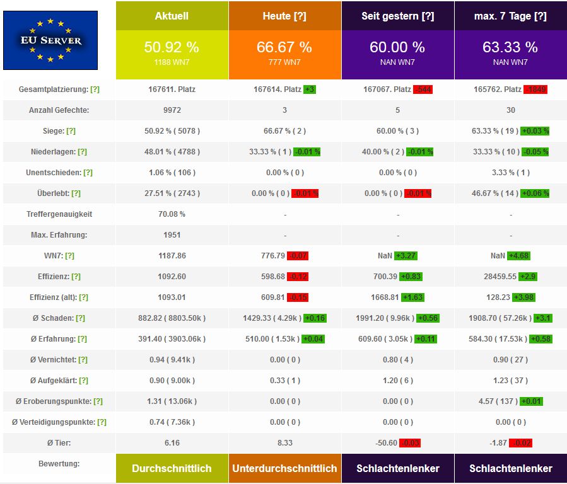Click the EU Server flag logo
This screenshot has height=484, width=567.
pos(50,40)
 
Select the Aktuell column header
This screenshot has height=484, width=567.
pos(172,16)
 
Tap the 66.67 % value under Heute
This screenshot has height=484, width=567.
pos(284,47)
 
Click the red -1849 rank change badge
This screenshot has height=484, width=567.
pos(534,89)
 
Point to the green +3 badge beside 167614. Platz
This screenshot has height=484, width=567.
pos(310,89)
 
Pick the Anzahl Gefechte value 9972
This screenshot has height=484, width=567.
pos(172,110)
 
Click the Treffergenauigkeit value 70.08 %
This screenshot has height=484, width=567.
pos(172,214)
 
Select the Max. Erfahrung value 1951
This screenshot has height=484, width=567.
pos(172,235)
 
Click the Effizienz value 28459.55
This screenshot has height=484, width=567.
pos(493,277)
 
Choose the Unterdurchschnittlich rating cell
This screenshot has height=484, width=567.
pos(284,468)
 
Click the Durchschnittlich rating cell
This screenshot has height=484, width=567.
pos(172,468)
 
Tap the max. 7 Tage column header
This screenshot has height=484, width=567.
pos(510,16)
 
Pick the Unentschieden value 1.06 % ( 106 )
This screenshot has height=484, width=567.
pos(172,173)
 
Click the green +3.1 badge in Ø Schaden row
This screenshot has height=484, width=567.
pos(542,318)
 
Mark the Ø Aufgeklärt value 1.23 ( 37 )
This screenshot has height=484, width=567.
pos(510,381)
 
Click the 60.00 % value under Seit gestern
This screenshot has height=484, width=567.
pos(397,47)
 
